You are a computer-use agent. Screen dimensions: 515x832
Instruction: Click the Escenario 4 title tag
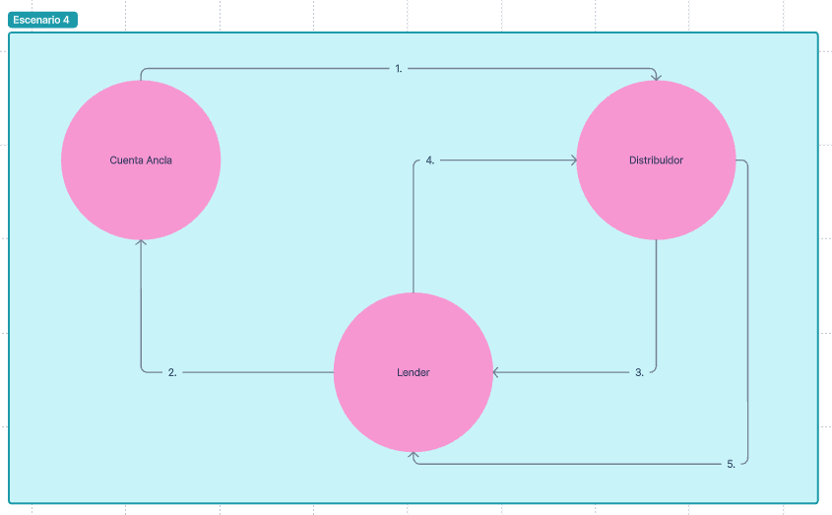point(42,20)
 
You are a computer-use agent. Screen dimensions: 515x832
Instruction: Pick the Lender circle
point(414,404)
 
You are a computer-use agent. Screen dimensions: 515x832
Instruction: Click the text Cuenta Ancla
point(141,161)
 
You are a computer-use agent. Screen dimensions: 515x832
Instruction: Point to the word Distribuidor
point(656,161)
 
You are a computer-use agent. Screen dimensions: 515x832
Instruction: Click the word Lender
point(414,373)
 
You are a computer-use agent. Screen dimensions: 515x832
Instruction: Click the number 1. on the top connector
point(398,69)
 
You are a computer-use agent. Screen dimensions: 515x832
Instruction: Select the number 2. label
point(172,372)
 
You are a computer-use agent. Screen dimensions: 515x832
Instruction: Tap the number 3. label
point(639,372)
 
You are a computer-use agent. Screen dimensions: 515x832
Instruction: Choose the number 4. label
point(430,161)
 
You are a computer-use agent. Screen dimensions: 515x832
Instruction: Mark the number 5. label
point(731,464)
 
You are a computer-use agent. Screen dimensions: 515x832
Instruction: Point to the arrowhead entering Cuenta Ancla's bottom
point(141,242)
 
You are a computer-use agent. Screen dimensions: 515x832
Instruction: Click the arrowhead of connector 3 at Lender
point(497,372)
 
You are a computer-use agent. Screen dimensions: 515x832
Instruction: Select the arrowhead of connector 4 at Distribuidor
point(573,161)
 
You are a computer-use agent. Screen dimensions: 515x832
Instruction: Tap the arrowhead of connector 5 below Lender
point(414,457)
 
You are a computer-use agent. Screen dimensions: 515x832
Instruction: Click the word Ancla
point(160,161)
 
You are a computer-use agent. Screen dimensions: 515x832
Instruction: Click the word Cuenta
point(126,161)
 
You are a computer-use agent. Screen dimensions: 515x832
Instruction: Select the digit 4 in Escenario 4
point(66,20)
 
